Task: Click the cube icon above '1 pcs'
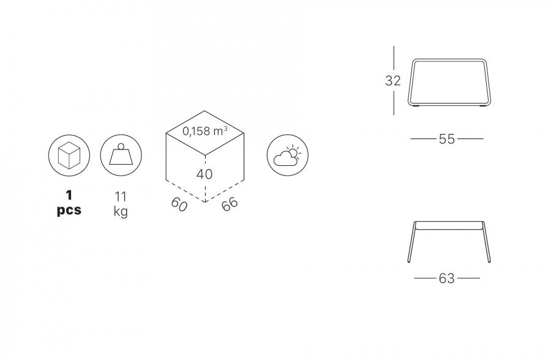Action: [69, 155]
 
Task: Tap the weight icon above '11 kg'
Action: [121, 155]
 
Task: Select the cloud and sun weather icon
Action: [288, 155]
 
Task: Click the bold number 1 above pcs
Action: [69, 195]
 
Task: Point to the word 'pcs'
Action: [69, 210]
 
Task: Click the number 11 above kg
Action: [121, 197]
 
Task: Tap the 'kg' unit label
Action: [121, 212]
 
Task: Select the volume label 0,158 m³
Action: [205, 131]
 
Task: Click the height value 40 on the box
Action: [204, 174]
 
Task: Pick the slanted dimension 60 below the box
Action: [179, 204]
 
